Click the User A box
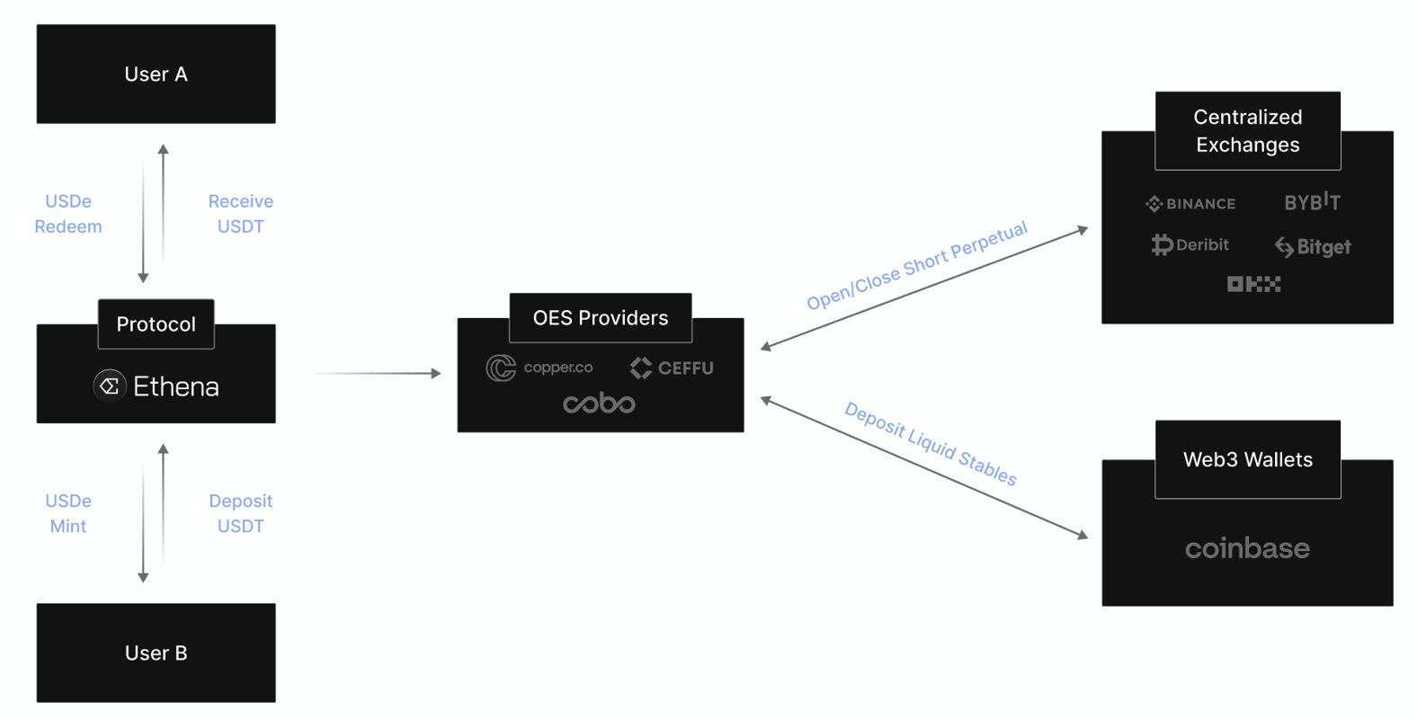pos(156,74)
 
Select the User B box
pos(156,652)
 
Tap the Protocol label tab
pos(156,324)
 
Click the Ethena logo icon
pos(110,386)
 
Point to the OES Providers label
pos(601,317)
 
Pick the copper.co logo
pos(539,368)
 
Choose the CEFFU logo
pos(672,368)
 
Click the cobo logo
pos(599,404)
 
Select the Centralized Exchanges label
pos(1247,130)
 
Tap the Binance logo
pos(1190,204)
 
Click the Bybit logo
pos(1312,202)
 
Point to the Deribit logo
pos(1190,244)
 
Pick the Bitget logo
pos(1313,246)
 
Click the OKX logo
pos(1253,284)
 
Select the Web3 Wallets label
pos(1247,459)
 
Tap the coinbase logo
pos(1247,548)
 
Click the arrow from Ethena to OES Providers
pos(378,373)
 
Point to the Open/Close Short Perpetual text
pos(916,265)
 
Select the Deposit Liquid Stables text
pos(930,444)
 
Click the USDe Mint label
pos(68,513)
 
